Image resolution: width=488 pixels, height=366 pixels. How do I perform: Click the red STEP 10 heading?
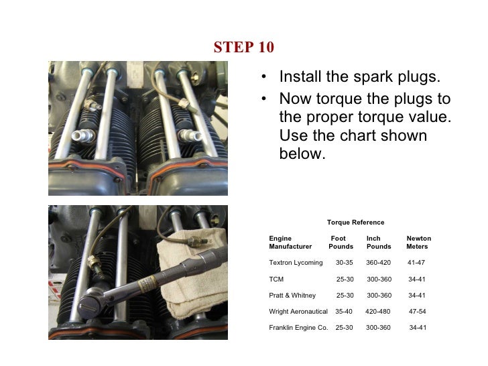tap(243, 48)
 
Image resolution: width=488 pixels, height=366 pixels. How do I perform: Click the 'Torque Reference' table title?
tap(355, 223)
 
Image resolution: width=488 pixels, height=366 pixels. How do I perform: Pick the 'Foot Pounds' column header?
tap(341, 243)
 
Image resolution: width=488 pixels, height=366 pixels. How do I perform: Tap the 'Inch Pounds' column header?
tap(378, 243)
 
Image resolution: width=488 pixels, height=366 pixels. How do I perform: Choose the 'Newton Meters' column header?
tap(418, 243)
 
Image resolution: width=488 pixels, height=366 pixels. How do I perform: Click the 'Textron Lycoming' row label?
tap(296, 263)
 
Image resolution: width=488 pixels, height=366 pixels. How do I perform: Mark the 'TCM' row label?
tap(276, 279)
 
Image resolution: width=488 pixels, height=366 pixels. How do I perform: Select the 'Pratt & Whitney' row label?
tap(295, 295)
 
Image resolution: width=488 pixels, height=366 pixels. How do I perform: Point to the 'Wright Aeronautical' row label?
tap(298, 312)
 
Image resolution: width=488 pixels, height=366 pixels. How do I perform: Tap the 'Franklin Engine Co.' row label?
tap(298, 328)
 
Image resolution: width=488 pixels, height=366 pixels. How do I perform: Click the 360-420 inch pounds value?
tap(378, 263)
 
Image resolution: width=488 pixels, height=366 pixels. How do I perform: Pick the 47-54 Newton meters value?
tap(417, 312)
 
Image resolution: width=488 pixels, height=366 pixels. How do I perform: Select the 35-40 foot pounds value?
tap(343, 312)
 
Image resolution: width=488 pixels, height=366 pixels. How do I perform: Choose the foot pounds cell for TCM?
tap(345, 279)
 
